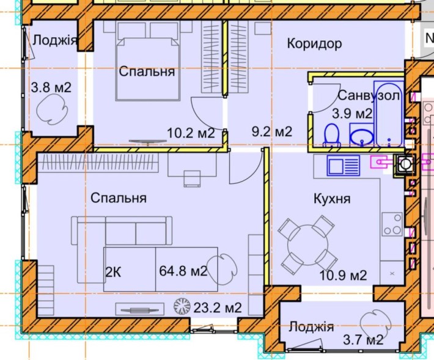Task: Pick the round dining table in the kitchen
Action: tap(304, 244)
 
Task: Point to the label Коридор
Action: tap(314, 43)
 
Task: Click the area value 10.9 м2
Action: tap(343, 276)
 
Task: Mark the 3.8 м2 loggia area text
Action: tap(51, 87)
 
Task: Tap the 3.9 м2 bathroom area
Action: tap(352, 113)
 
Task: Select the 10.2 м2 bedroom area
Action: tap(191, 132)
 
